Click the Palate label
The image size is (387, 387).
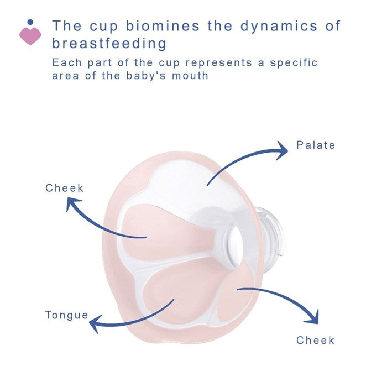(x=316, y=145)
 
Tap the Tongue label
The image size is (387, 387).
(x=66, y=315)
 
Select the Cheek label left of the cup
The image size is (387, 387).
(x=64, y=188)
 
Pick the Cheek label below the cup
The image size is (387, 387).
(x=315, y=341)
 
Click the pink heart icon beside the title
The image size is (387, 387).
(x=30, y=35)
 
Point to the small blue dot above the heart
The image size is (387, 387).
(x=30, y=22)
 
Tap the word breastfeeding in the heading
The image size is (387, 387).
(x=109, y=43)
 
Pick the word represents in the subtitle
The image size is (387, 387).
(x=212, y=62)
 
